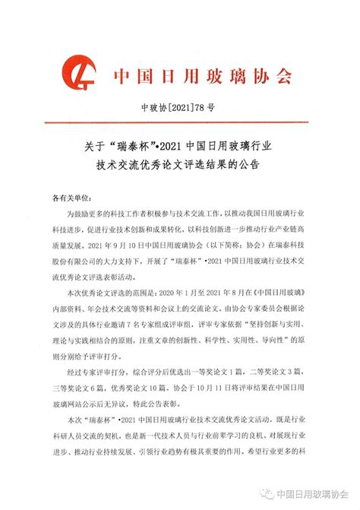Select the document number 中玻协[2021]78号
point(178,110)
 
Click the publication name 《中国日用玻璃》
point(279,292)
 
